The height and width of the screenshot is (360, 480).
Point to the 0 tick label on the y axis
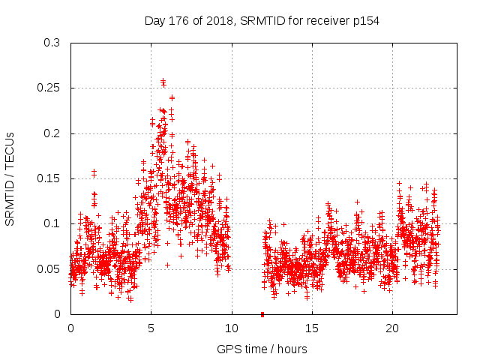click(x=57, y=314)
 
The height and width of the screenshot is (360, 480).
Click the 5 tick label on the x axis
click(x=151, y=328)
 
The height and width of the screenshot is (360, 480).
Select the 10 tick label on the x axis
click(x=232, y=328)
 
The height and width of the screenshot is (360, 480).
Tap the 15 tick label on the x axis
click(x=312, y=328)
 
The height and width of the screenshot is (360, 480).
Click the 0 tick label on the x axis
click(x=70, y=328)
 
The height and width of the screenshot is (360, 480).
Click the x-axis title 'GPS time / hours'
click(x=262, y=349)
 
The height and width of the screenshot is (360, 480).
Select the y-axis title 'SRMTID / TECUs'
click(x=10, y=178)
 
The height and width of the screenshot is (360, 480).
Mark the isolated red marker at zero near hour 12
click(x=262, y=314)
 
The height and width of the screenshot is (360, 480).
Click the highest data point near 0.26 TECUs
click(x=163, y=80)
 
